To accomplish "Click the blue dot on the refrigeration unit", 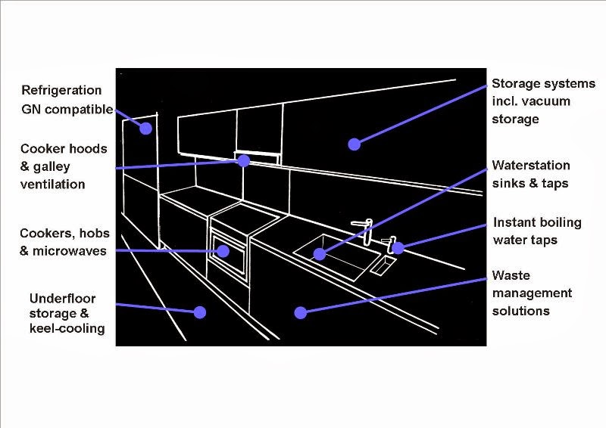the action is [145, 128].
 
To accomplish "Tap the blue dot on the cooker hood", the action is [243, 161].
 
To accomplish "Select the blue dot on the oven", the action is [223, 250].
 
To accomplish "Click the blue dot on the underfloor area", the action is [200, 312].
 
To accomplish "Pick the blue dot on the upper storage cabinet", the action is [353, 144].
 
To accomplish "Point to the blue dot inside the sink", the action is [320, 254].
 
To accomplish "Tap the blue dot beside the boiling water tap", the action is [398, 247].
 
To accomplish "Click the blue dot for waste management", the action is [301, 312].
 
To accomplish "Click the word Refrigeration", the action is [61, 90].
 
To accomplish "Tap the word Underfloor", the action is [62, 298].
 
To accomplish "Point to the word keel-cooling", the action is [67, 329].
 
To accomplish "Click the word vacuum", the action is [545, 101].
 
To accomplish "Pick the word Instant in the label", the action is [514, 222].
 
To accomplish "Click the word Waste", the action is [511, 275].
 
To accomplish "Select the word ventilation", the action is [53, 184].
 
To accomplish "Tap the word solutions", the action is [521, 311].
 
